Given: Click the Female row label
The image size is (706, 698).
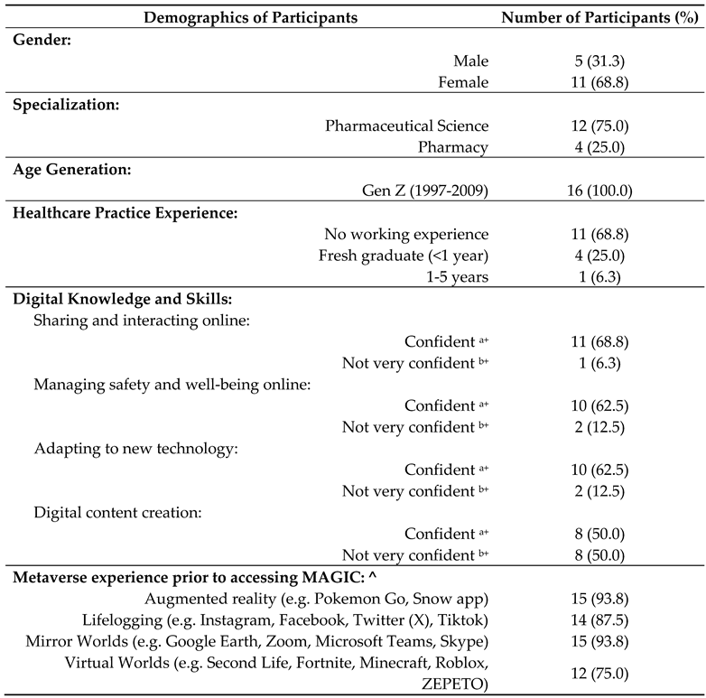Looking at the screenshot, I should [460, 82].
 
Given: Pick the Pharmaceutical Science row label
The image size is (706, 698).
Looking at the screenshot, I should [407, 126].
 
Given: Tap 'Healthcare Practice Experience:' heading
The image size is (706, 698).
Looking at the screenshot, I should [118, 213].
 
